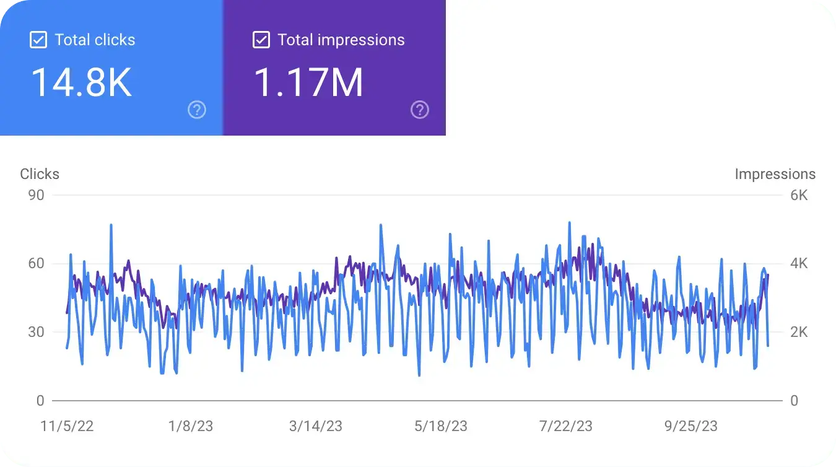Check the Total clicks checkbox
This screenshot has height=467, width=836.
click(x=38, y=40)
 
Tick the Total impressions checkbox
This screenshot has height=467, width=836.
click(x=261, y=40)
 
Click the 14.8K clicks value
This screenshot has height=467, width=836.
click(x=81, y=82)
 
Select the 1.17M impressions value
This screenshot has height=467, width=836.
click(x=308, y=82)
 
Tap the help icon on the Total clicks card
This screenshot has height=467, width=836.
click(x=197, y=110)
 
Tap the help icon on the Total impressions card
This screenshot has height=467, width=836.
click(x=420, y=110)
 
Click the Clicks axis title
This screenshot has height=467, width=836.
click(x=40, y=174)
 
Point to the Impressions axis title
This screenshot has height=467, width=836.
click(x=775, y=174)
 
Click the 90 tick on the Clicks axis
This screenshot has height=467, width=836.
click(x=37, y=195)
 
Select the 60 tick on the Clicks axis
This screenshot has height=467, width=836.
click(x=37, y=264)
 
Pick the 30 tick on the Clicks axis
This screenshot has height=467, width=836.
click(x=37, y=332)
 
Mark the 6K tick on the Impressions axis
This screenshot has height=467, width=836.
click(x=799, y=195)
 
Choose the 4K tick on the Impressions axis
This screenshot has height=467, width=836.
click(x=799, y=264)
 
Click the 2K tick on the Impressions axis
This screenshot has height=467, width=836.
click(x=799, y=332)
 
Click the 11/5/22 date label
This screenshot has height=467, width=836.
click(x=67, y=426)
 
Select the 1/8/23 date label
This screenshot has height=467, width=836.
click(x=191, y=426)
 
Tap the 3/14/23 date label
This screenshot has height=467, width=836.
click(x=316, y=426)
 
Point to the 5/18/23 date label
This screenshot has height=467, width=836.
click(x=441, y=426)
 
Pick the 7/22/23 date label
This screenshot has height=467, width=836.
click(x=566, y=426)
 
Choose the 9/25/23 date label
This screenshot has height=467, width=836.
click(x=691, y=426)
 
